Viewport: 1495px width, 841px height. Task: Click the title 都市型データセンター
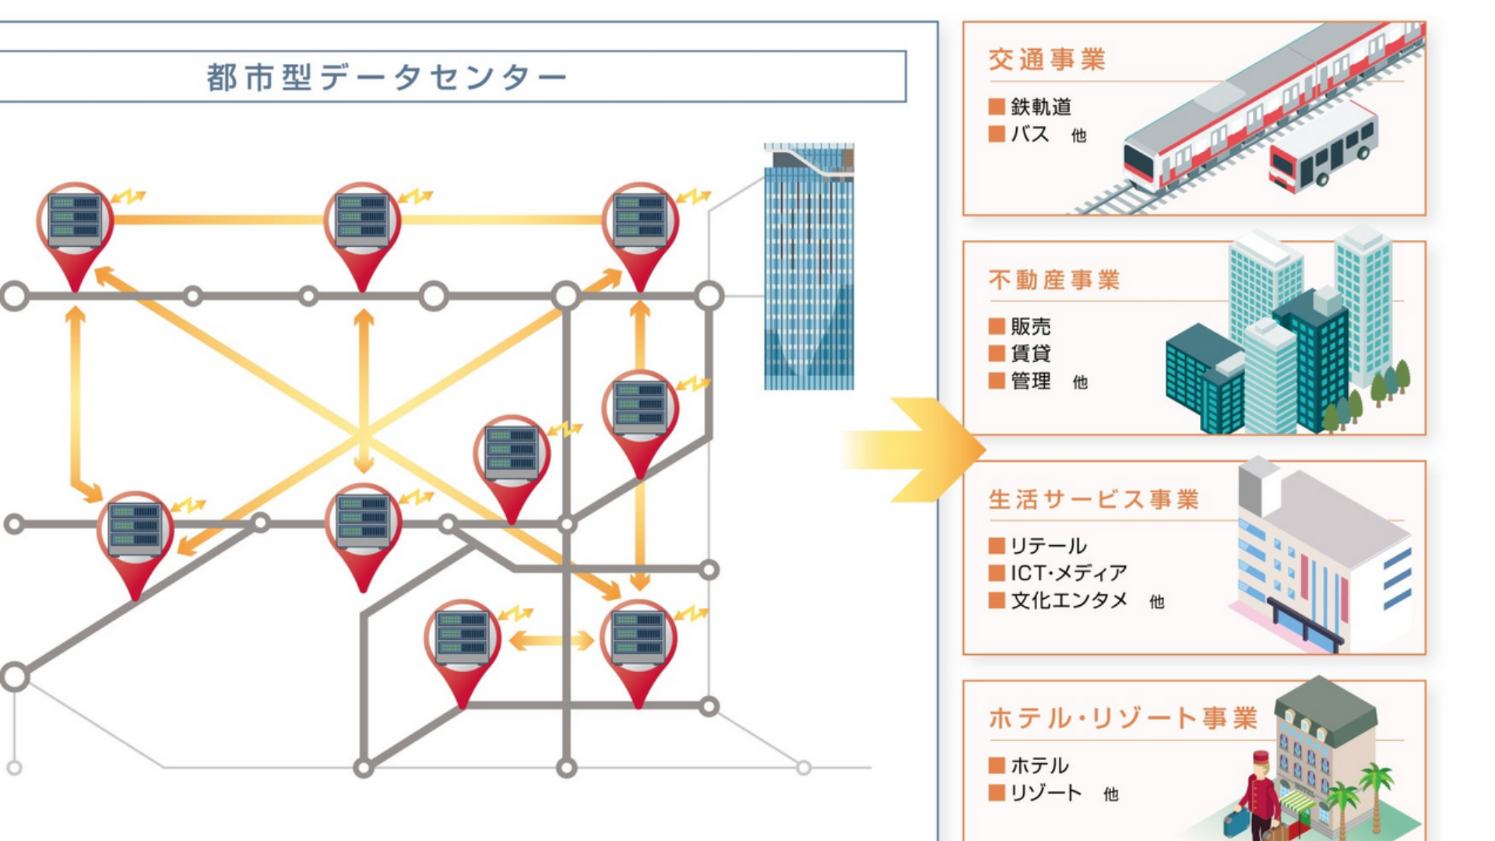[387, 77]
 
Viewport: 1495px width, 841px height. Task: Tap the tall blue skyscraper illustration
[808, 269]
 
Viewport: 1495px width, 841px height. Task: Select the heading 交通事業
[1046, 60]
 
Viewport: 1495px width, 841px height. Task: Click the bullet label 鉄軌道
[1041, 107]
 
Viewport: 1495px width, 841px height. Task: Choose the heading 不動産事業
[1054, 280]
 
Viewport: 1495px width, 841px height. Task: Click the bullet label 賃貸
[1030, 354]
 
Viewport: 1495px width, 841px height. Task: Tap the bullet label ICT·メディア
[1068, 573]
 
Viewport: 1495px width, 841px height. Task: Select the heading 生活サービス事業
[1093, 499]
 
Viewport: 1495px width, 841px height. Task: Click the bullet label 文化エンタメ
[1068, 600]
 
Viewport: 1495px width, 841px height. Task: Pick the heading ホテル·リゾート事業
[1122, 718]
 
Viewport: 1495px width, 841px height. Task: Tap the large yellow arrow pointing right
[919, 449]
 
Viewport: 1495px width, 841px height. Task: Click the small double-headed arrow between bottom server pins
[551, 641]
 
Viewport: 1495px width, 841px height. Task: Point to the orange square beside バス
[996, 134]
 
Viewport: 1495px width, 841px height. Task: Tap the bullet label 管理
[1030, 381]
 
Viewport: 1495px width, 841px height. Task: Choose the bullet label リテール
[1048, 546]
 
